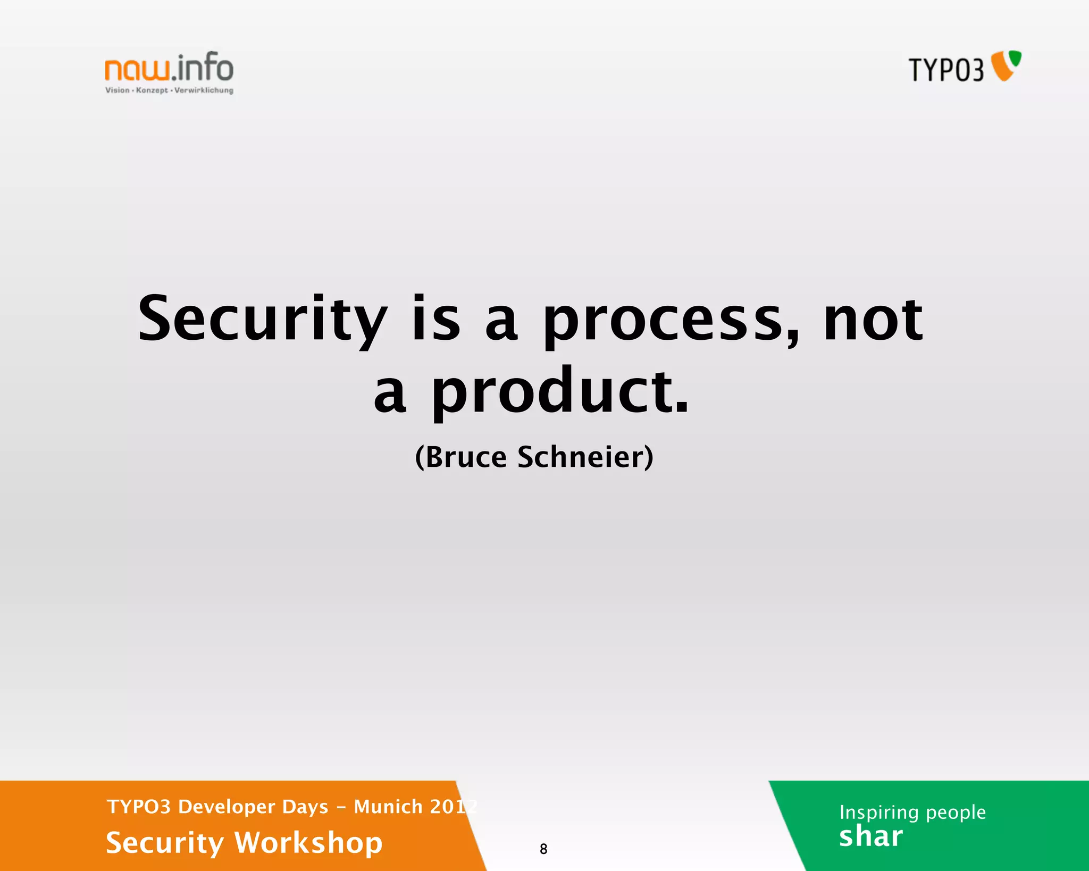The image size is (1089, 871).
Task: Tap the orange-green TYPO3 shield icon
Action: [x=1007, y=65]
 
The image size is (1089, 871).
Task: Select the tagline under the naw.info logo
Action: [x=169, y=90]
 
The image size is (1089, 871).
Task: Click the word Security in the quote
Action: [x=262, y=319]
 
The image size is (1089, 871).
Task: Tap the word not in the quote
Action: [x=873, y=319]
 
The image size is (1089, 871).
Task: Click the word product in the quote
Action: [x=560, y=392]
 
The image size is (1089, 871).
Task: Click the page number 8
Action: [x=543, y=849]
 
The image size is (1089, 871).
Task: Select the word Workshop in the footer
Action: [x=308, y=842]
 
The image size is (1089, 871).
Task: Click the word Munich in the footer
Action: [x=388, y=807]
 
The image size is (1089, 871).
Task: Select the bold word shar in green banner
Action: [x=870, y=836]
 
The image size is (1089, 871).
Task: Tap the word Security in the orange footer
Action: [x=165, y=843]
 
